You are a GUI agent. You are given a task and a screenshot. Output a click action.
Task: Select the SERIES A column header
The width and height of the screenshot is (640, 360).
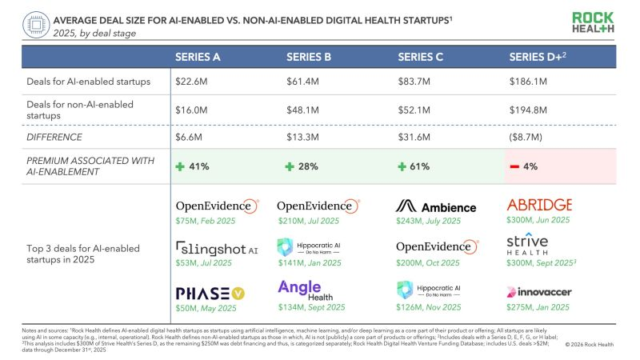tap(198, 58)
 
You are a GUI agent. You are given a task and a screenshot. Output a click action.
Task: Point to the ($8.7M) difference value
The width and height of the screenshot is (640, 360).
tap(527, 138)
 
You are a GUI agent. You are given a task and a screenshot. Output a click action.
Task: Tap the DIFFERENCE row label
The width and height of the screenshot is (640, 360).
tap(51, 138)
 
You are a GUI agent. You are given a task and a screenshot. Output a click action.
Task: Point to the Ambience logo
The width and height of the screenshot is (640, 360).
tap(437, 206)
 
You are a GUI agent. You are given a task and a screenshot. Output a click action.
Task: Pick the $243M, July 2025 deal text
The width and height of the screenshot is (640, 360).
tap(428, 221)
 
